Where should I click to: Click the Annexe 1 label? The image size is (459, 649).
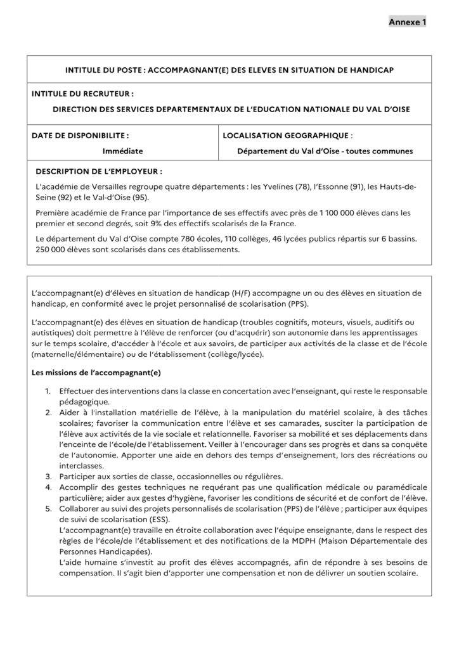pos(407,22)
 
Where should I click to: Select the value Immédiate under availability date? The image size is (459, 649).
pos(122,151)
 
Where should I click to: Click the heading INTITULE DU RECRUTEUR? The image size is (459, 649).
pos(82,94)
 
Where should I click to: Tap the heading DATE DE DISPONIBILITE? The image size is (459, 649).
pos(81,135)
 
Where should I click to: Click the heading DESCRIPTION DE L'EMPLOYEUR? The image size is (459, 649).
pos(98,171)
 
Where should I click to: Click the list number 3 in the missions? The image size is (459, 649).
pos(48,476)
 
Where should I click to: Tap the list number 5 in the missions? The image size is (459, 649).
pos(48,509)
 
